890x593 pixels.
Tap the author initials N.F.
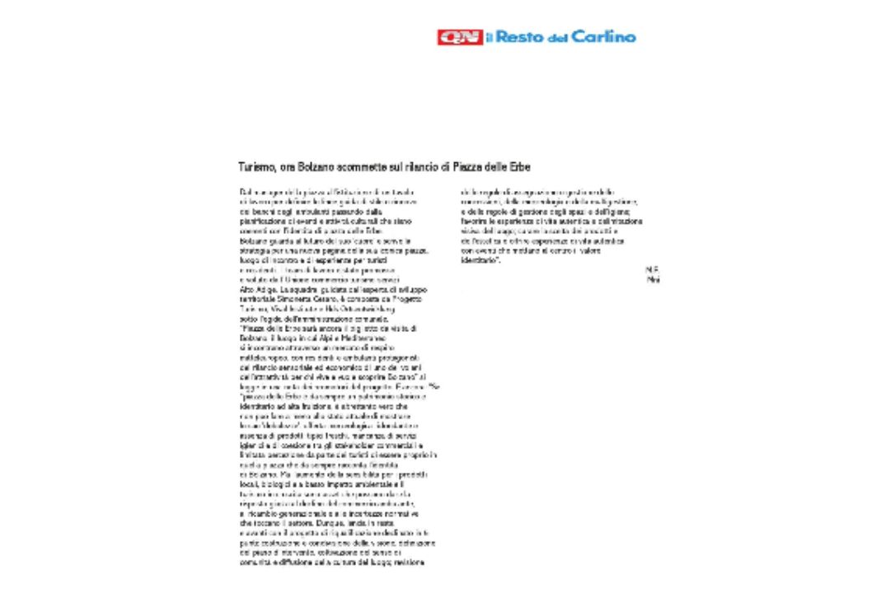[x=653, y=269]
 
